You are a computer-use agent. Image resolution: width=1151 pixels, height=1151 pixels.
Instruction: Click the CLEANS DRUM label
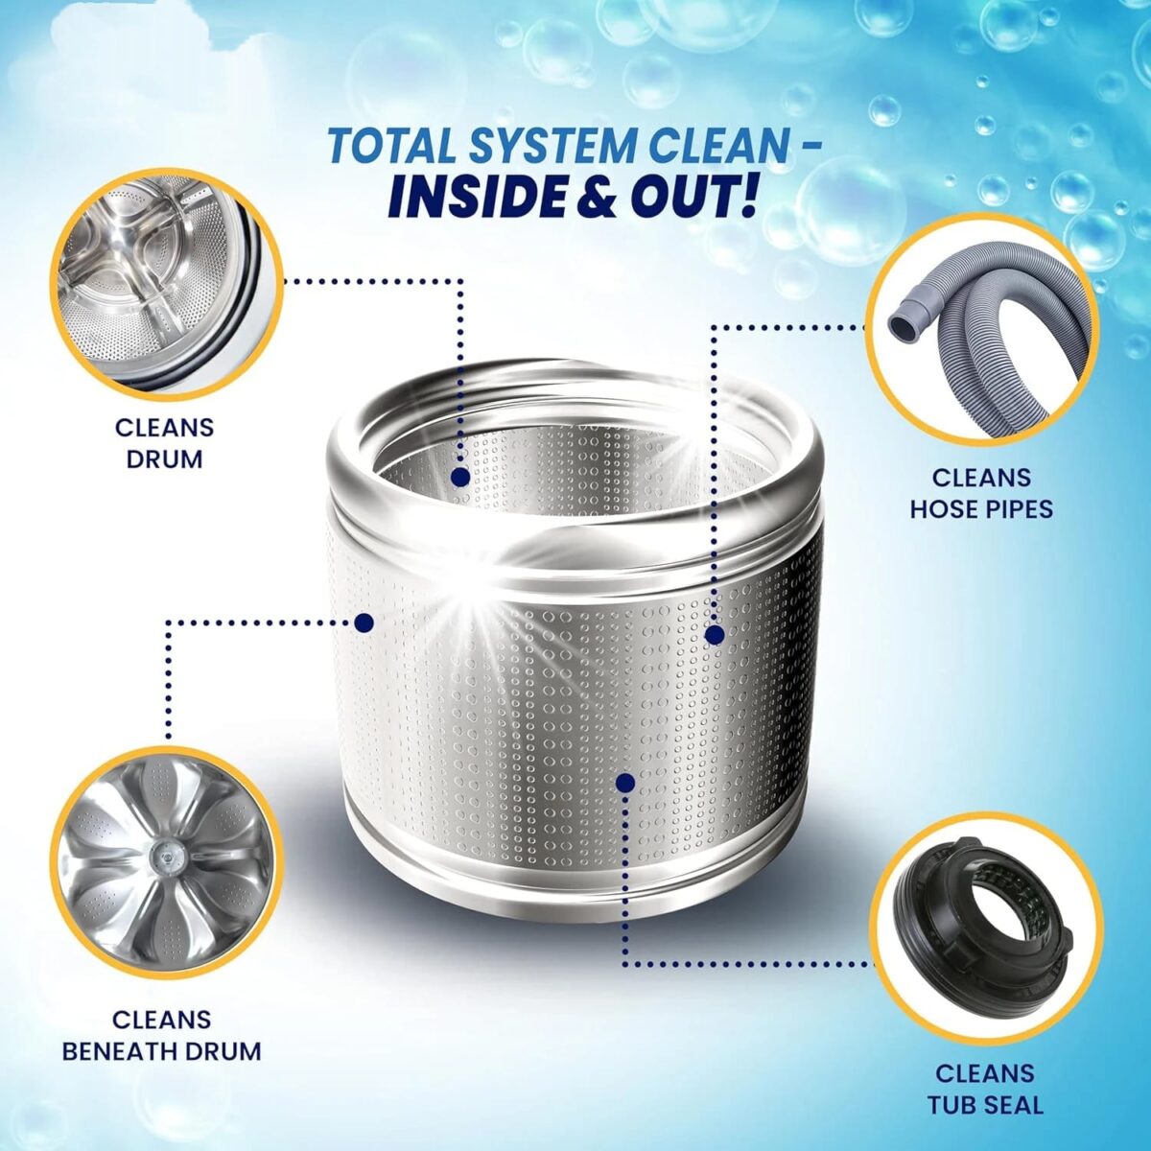point(164,444)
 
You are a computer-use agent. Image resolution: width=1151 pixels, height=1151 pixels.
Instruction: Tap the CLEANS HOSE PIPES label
point(981,493)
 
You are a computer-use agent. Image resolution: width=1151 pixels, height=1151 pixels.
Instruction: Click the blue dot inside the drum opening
point(460,477)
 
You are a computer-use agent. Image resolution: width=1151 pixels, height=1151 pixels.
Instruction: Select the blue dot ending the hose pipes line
point(715,635)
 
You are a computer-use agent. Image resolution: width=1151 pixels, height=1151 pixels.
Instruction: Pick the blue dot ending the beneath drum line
point(364,622)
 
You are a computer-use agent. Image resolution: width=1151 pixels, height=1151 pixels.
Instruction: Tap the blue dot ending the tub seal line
point(625,783)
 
